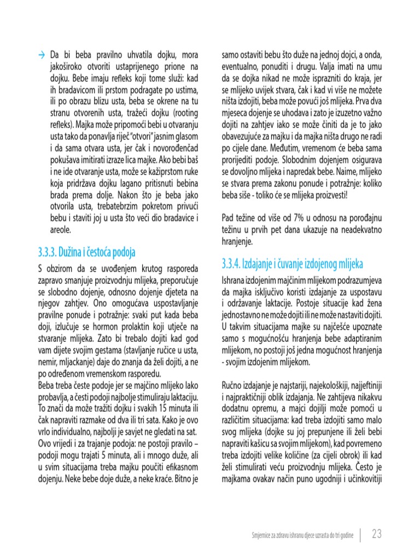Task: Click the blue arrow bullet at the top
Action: click(x=42, y=55)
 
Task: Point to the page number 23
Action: click(x=377, y=534)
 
